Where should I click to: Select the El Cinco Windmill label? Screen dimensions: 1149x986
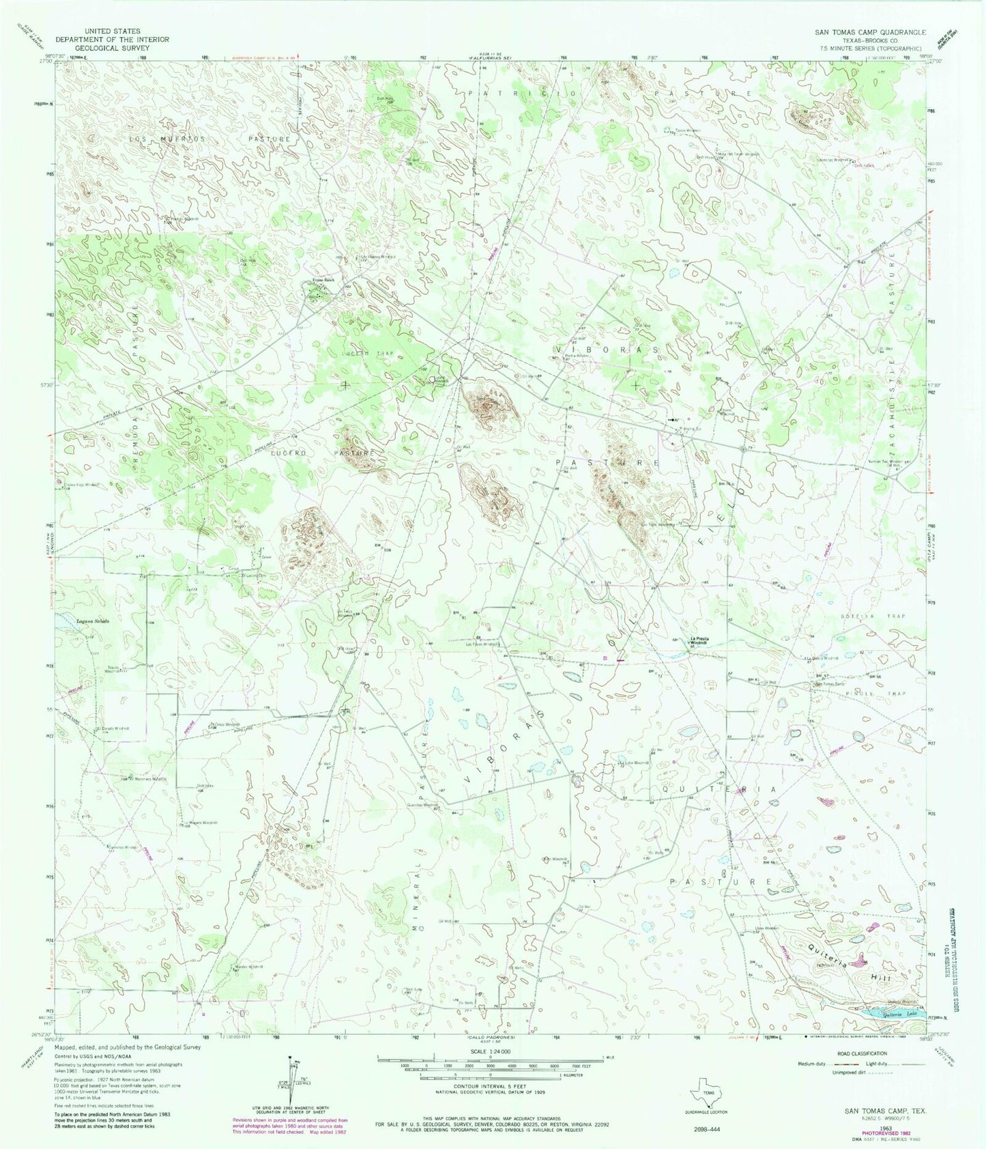[225, 724]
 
